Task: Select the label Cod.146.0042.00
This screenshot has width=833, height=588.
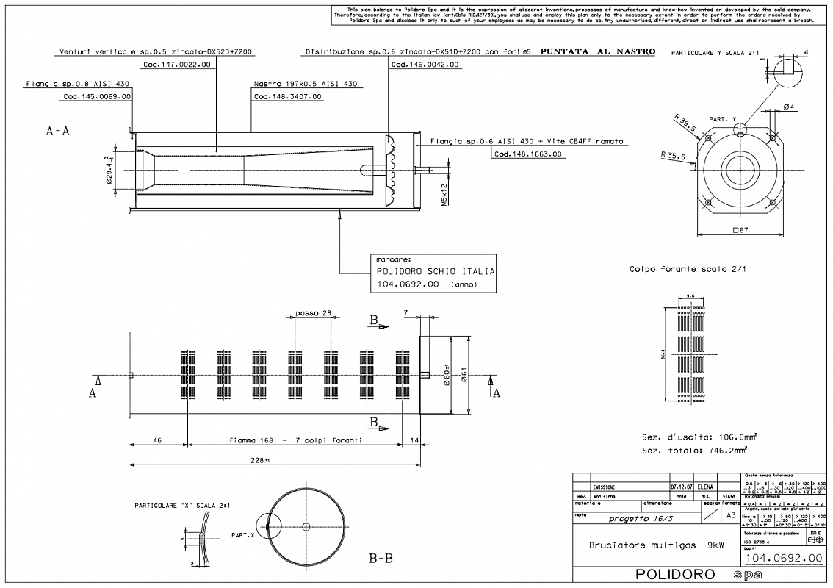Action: point(426,65)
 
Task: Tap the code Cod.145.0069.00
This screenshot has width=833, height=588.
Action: point(97,96)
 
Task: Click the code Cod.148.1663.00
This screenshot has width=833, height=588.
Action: point(528,154)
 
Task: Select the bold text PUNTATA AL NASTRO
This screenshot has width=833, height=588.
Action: point(597,53)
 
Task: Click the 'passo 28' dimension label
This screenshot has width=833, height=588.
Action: point(314,313)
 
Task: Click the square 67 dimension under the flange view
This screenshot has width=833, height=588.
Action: point(740,231)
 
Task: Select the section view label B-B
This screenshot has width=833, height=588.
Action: point(381,559)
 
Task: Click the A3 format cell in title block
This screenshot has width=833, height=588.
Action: point(730,516)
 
